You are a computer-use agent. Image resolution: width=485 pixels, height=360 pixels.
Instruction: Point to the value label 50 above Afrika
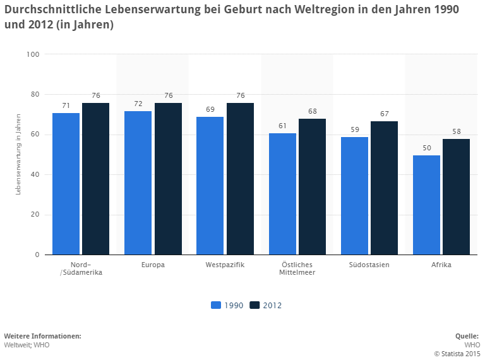(426, 148)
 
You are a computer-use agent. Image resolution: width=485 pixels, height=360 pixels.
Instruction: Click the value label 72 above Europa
(138, 104)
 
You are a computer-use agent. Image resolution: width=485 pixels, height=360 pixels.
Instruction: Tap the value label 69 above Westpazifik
(210, 109)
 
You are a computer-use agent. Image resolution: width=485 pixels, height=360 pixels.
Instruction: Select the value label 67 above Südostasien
(384, 114)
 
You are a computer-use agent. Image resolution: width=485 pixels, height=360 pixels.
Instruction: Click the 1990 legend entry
(228, 306)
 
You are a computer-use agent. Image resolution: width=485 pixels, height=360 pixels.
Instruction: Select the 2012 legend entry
(266, 306)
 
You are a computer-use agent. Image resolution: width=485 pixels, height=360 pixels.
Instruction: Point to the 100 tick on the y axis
(33, 54)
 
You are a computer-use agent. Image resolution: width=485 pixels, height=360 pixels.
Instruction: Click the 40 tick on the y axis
(34, 174)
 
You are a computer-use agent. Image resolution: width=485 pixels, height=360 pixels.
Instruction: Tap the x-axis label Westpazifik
(225, 265)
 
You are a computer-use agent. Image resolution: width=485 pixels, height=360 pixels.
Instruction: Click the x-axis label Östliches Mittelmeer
(297, 268)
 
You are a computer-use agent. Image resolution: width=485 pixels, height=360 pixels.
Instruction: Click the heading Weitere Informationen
(42, 336)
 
